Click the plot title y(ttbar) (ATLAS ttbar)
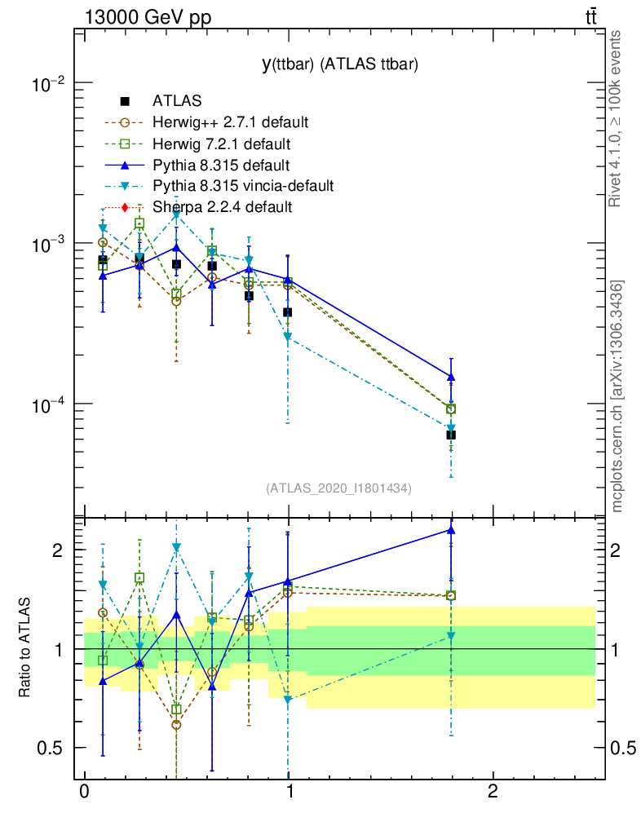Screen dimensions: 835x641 339,66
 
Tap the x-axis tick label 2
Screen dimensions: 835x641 492,793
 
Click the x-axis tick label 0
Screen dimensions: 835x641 84,793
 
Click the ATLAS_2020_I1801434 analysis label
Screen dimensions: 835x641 338,488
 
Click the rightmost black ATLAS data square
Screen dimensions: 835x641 451,435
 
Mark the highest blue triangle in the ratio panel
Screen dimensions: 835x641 451,530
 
